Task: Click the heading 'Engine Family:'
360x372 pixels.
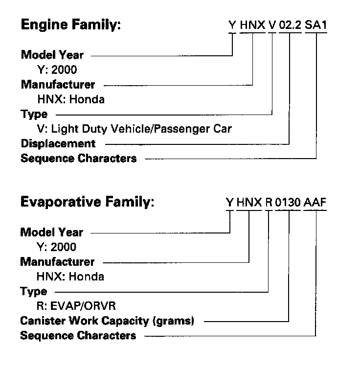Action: [x=70, y=25]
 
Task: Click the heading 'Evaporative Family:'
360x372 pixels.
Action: [x=88, y=202]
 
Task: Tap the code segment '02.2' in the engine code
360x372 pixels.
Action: [x=289, y=25]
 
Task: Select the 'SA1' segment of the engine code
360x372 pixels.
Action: [x=315, y=25]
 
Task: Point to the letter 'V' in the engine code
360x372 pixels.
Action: [x=272, y=25]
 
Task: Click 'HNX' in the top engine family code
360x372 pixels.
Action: [x=252, y=25]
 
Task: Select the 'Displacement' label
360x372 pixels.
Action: [x=58, y=144]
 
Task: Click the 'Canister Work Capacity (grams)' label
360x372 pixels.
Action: [x=108, y=321]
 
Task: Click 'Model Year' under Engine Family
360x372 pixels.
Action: [x=52, y=55]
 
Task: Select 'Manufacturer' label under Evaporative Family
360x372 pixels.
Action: [x=58, y=262]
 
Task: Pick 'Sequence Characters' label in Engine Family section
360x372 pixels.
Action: [x=79, y=159]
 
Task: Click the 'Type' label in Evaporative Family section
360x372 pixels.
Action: [x=34, y=292]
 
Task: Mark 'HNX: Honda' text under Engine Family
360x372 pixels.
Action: [x=70, y=100]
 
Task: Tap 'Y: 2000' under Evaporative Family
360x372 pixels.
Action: [x=57, y=247]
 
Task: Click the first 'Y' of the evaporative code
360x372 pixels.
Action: [x=229, y=203]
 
